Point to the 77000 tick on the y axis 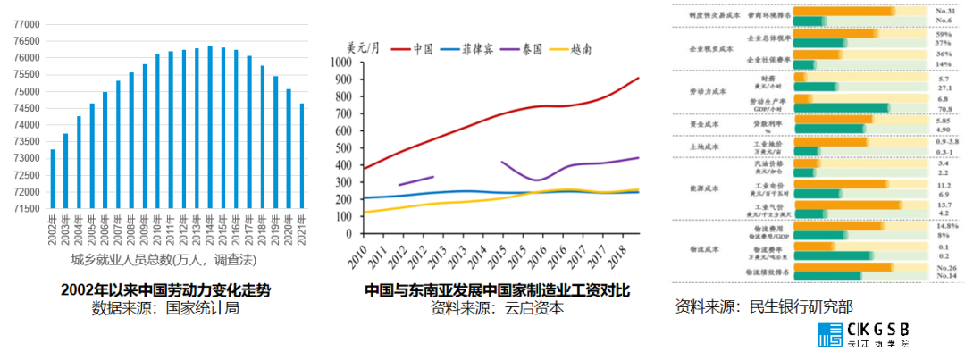pyautogui.click(x=24, y=24)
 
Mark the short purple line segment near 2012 pyautogui.click(x=415, y=180)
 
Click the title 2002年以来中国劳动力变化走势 pyautogui.click(x=166, y=290)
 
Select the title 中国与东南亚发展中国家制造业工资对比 pyautogui.click(x=497, y=290)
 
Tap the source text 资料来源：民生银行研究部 pyautogui.click(x=764, y=306)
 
